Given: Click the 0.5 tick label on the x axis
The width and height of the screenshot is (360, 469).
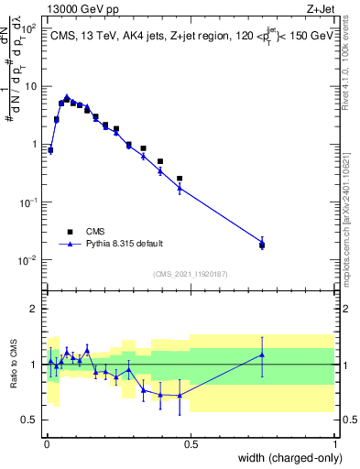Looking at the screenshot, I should point(191,444).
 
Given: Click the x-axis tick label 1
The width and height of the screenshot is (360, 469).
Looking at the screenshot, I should point(334,444).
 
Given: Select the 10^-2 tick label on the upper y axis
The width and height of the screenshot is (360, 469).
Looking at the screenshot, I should point(27,260).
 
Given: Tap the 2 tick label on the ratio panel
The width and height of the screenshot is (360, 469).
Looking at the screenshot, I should point(34,309).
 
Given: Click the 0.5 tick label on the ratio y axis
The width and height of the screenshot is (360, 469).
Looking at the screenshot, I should point(30,420).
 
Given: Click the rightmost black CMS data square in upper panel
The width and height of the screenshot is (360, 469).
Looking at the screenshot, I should point(262,245).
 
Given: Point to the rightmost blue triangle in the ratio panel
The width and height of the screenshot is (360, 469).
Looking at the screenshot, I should point(262,355).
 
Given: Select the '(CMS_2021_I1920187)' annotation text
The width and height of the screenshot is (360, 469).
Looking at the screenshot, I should point(191,273).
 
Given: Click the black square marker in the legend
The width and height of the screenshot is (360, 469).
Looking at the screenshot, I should point(69,231).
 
